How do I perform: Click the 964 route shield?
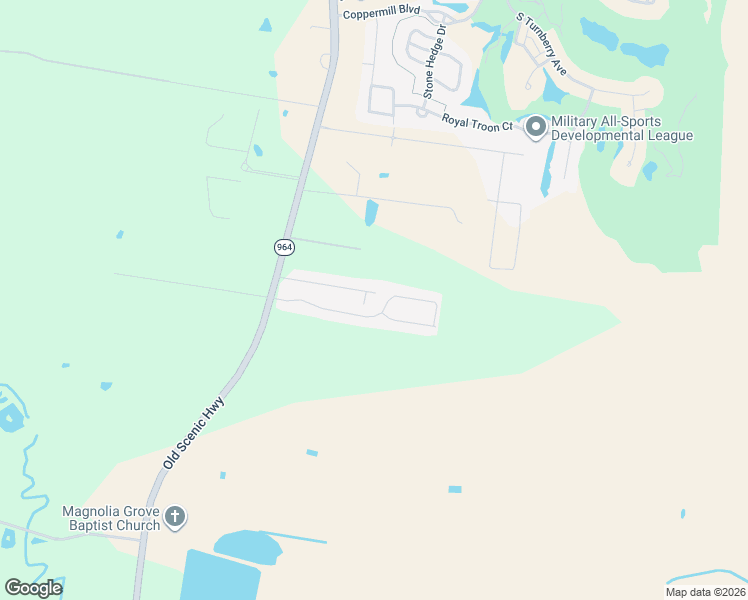pos(283,247)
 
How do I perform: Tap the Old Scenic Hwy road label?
pos(195,433)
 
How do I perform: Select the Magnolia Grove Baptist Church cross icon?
pos(175,517)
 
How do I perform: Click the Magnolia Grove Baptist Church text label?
pos(111,518)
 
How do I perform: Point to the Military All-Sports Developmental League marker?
pos(535,127)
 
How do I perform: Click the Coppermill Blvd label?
pos(381,13)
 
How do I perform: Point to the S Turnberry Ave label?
pos(541,45)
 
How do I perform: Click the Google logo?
pos(33,587)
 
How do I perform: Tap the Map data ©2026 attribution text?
pos(705,592)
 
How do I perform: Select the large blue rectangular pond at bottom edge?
pos(220,577)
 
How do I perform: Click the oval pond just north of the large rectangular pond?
pos(247,545)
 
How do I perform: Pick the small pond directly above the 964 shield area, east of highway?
pos(372,212)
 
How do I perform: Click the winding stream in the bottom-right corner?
pos(705,577)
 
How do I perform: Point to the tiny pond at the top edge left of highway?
pos(265,25)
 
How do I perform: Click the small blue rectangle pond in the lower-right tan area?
pos(455,489)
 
